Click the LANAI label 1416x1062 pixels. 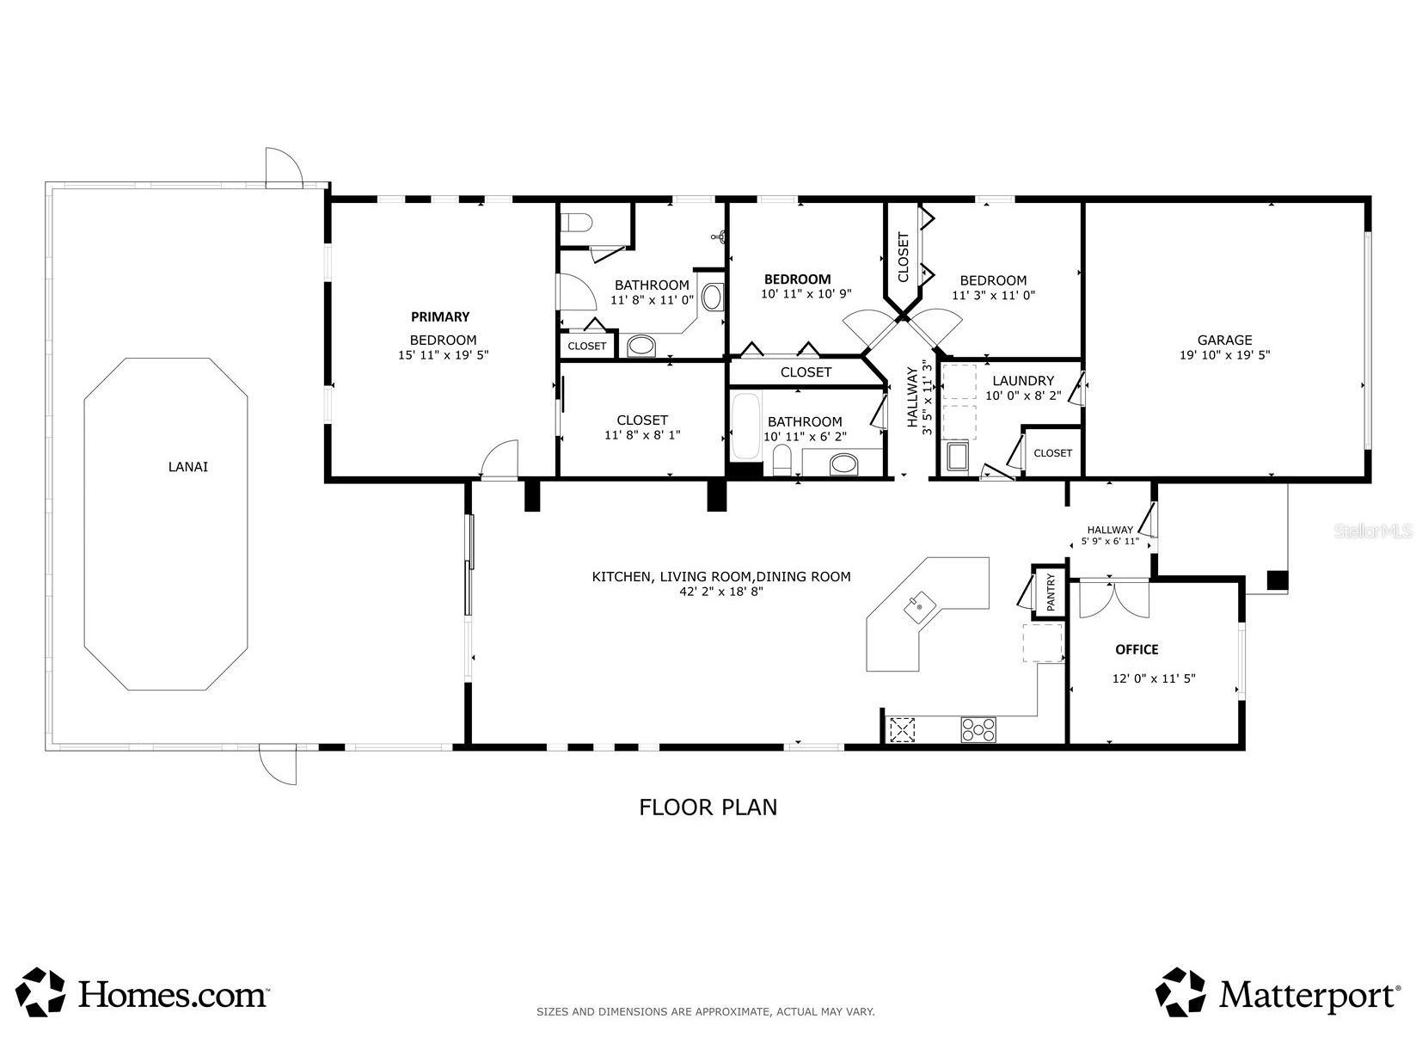[x=187, y=466]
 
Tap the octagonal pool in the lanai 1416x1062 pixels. [x=166, y=524]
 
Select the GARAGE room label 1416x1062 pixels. [x=1224, y=340]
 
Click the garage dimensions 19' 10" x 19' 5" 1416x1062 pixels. [x=1224, y=355]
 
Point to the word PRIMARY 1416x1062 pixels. [x=440, y=316]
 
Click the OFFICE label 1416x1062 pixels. [x=1137, y=650]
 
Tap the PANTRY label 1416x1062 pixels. [x=1051, y=592]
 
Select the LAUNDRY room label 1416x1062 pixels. [x=1023, y=381]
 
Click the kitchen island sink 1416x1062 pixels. [x=919, y=607]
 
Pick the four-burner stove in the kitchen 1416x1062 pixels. [x=978, y=730]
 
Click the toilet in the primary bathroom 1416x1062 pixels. [x=575, y=224]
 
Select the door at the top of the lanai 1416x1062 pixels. [x=284, y=168]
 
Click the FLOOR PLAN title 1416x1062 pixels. [x=708, y=807]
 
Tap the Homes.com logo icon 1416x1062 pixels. [x=40, y=991]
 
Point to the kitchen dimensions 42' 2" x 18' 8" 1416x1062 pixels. [x=720, y=592]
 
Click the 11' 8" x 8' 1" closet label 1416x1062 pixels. [x=642, y=427]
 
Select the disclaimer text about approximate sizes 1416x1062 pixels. [x=705, y=1011]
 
